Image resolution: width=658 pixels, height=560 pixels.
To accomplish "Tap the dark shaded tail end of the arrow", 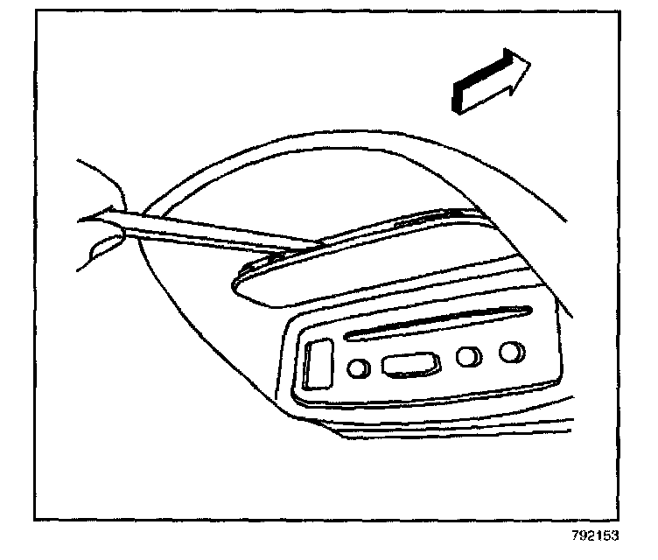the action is pyautogui.click(x=456, y=97).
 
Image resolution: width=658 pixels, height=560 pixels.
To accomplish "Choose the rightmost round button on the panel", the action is pyautogui.click(x=511, y=352).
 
